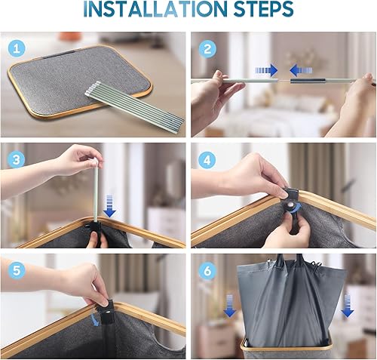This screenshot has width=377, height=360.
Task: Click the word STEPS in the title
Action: [x=263, y=9]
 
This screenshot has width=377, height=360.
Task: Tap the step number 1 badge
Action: [x=17, y=48]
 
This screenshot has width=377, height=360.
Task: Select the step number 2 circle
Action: [x=207, y=49]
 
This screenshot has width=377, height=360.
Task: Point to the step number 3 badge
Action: [x=17, y=159]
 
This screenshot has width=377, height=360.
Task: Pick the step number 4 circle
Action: [x=207, y=160]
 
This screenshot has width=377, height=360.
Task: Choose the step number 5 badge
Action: [x=17, y=271]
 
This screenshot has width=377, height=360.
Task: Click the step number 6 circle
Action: [x=207, y=271]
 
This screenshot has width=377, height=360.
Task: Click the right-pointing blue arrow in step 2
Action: [x=266, y=70]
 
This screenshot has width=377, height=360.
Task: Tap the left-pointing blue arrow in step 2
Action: [x=301, y=70]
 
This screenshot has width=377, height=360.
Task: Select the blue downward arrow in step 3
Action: [x=109, y=206]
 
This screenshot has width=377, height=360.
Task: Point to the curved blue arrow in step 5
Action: [x=95, y=319]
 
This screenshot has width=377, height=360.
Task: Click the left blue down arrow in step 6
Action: [x=230, y=306]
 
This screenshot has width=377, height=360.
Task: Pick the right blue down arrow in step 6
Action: [x=348, y=306]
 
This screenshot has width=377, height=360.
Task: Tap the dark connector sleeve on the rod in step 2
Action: [x=308, y=81]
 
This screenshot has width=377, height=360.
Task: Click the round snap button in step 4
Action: [x=292, y=205]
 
